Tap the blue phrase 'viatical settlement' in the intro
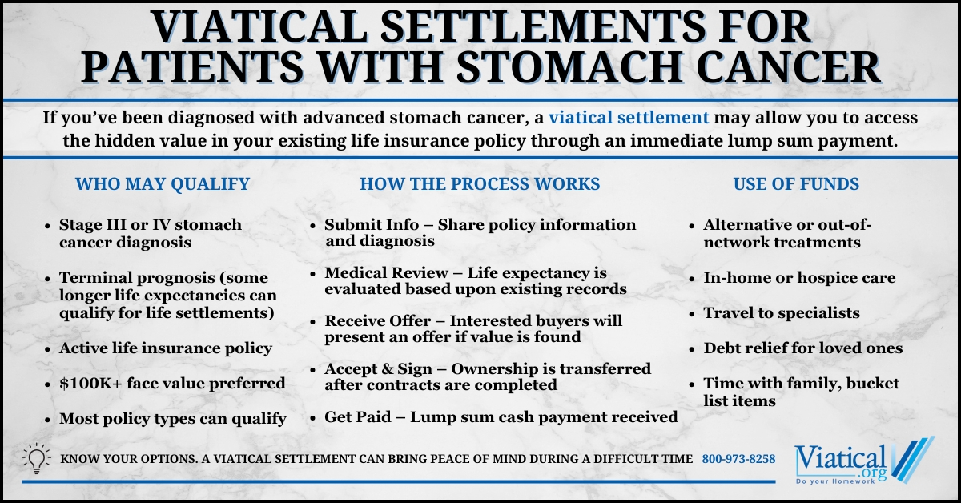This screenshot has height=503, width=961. click(629, 118)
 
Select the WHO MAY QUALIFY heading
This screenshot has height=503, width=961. click(162, 184)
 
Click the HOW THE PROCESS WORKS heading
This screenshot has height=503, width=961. click(480, 184)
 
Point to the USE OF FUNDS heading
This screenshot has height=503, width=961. click(796, 184)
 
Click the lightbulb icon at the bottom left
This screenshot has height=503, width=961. click(37, 459)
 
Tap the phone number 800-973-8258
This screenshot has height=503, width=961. click(738, 459)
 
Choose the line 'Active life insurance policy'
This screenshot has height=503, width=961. click(165, 348)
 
